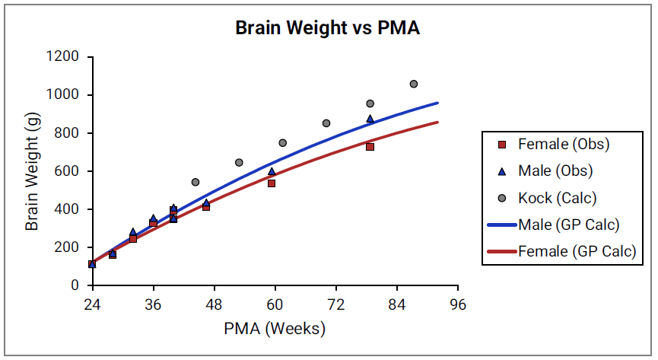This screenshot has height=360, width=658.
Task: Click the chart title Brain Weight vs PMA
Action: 327,28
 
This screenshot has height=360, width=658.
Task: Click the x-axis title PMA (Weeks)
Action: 275,329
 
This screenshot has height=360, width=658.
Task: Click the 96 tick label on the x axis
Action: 457,304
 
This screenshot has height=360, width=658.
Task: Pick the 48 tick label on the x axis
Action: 214,304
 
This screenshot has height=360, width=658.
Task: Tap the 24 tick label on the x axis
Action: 92,304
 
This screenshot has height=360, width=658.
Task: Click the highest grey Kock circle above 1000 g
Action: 414,84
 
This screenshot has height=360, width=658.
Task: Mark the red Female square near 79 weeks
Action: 370,147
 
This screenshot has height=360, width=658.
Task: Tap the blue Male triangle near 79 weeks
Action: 370,119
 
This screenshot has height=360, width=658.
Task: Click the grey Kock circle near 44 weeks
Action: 195,182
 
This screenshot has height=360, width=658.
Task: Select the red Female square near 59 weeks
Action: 272,183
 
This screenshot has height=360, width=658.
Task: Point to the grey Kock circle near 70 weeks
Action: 326,123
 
